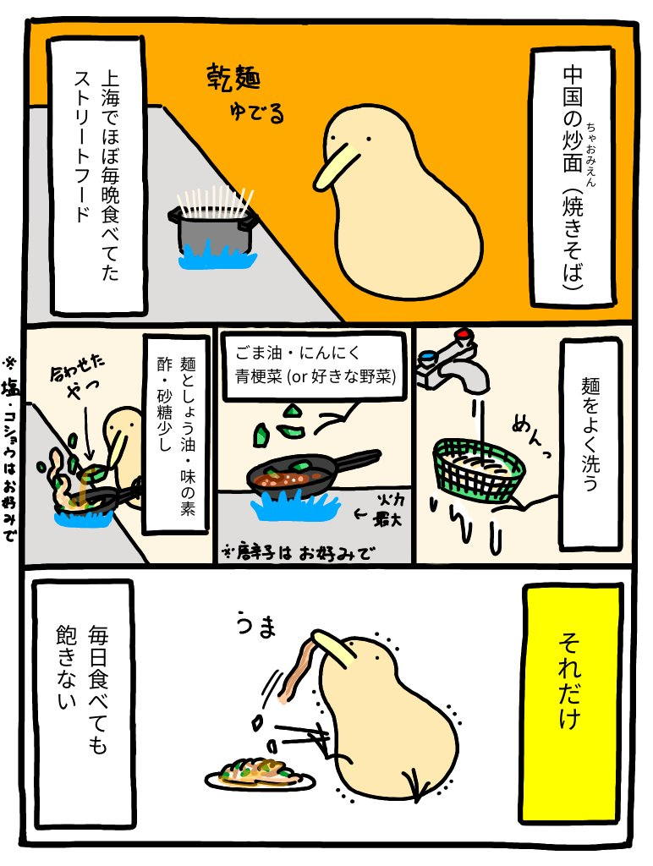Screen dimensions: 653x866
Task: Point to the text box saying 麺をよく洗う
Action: click(590, 444)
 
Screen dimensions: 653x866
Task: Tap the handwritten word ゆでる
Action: click(257, 112)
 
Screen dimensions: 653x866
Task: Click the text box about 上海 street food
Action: click(96, 176)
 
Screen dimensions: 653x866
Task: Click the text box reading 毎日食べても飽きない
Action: click(84, 702)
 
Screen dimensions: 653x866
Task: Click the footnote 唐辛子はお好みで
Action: click(296, 552)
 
